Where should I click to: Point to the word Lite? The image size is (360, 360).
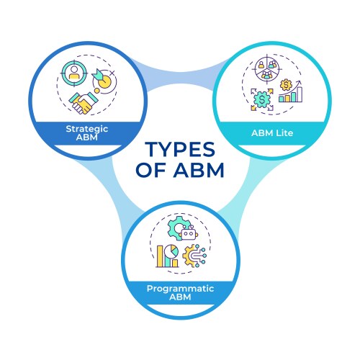(x=284, y=133)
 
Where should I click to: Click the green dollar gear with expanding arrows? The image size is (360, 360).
(x=262, y=100)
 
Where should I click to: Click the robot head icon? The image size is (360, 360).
(x=189, y=233)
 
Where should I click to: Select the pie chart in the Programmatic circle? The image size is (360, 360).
(x=171, y=252)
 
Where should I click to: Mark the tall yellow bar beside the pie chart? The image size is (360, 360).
(x=161, y=256)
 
